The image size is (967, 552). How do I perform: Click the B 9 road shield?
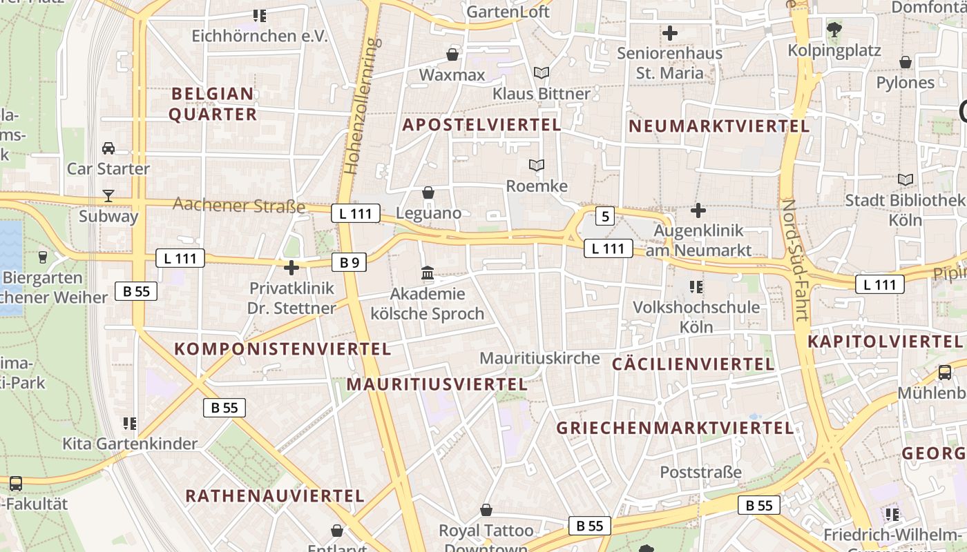click(x=349, y=262)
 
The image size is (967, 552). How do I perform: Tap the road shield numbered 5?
click(x=605, y=217)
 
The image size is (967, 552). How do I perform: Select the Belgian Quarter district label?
click(x=213, y=104)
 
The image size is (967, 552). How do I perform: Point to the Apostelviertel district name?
click(x=481, y=125)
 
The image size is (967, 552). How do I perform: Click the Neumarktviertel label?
click(x=719, y=126)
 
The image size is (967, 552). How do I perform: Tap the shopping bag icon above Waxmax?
click(x=452, y=54)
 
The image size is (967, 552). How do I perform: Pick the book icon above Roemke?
click(x=537, y=166)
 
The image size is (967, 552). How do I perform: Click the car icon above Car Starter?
click(x=108, y=148)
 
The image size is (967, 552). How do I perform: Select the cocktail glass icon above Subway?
click(x=108, y=196)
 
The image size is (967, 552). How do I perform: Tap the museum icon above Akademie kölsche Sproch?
click(x=428, y=274)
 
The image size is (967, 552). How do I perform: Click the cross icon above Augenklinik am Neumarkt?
click(x=698, y=210)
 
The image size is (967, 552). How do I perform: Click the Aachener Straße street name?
click(x=239, y=205)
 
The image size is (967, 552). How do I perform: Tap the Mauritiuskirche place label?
click(x=539, y=358)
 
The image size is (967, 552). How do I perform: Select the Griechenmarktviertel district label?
click(x=675, y=428)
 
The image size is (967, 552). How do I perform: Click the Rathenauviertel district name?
click(x=275, y=495)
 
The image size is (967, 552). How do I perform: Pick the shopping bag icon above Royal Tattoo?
click(x=486, y=510)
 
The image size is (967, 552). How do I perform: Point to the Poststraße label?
click(x=700, y=473)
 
